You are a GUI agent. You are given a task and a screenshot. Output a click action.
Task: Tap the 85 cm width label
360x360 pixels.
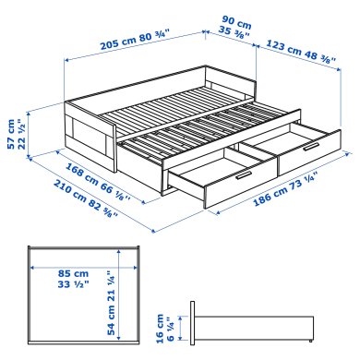pyautogui.click(x=62, y=272)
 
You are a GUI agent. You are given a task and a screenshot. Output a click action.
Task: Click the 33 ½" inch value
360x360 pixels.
pyautogui.click(x=62, y=286)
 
